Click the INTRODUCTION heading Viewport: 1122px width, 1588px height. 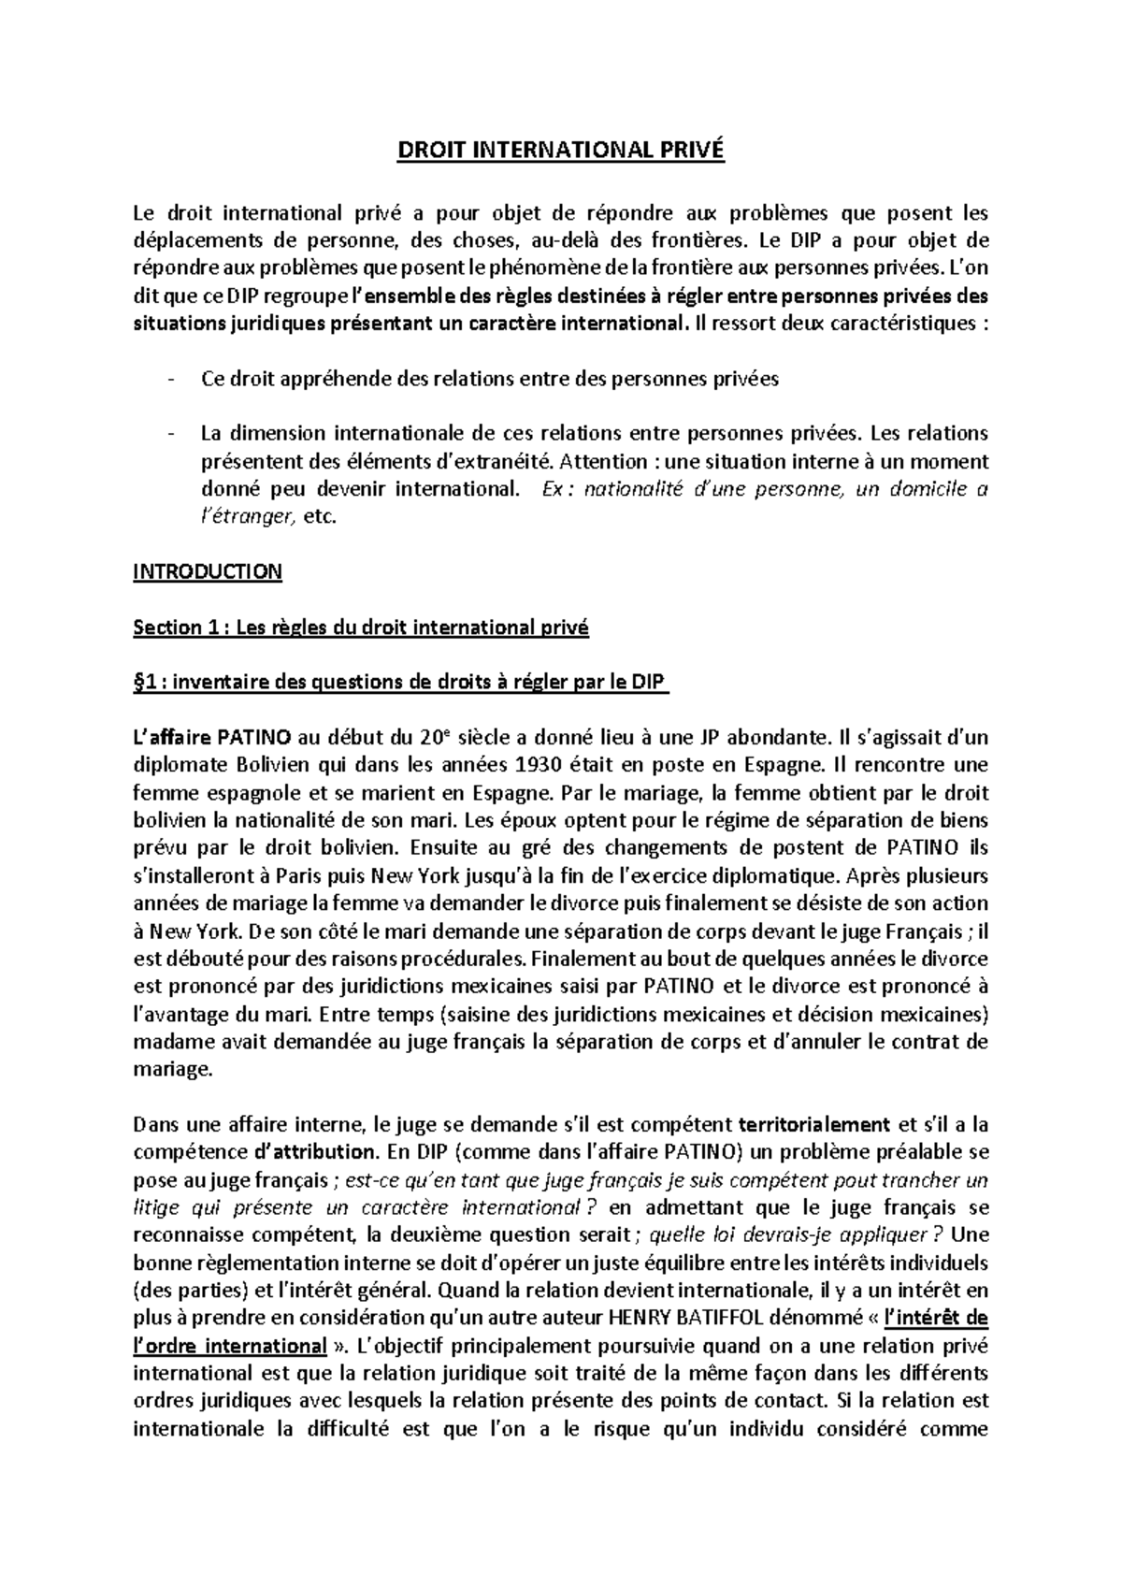(207, 571)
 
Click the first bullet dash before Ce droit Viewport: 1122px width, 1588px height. (169, 380)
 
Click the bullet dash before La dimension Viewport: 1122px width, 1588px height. (169, 434)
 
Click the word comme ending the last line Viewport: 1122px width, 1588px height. (954, 1429)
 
